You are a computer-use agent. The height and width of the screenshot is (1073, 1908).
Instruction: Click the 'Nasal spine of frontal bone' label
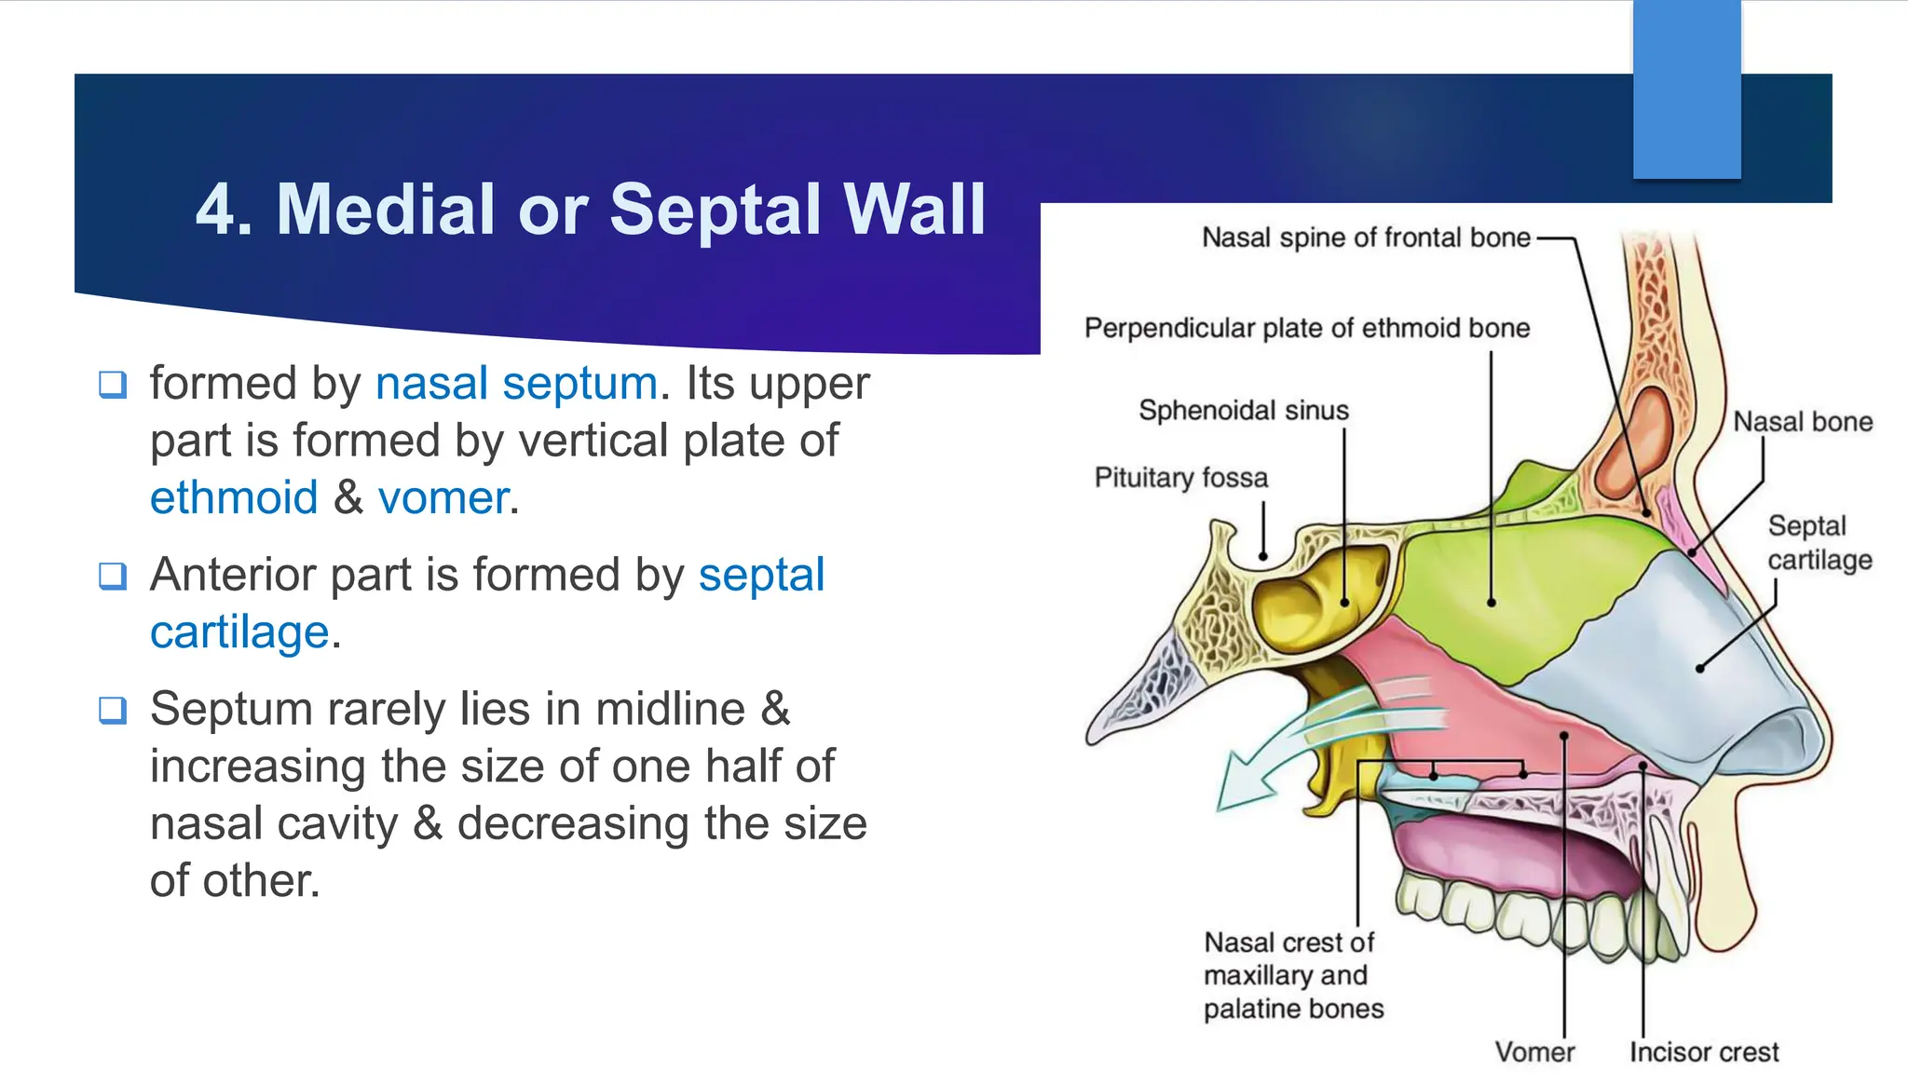tap(1366, 238)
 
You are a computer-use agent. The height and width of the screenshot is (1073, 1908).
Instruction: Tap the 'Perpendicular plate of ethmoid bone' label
tap(1306, 329)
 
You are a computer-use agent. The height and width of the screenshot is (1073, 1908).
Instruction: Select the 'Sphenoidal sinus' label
tap(1243, 411)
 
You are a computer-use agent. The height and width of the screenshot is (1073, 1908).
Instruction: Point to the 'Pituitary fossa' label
tap(1180, 479)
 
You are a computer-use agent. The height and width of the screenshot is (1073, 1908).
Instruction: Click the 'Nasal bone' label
tap(1802, 423)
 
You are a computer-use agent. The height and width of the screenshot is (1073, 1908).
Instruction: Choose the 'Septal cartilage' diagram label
tap(1819, 543)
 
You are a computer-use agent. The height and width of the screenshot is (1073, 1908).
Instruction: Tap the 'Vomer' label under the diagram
tap(1534, 1053)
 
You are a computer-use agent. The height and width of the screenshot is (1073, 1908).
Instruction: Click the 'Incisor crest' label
tap(1703, 1053)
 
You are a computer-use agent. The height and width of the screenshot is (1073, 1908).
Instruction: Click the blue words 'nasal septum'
tap(516, 384)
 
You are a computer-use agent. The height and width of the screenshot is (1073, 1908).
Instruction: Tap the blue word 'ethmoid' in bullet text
tap(234, 498)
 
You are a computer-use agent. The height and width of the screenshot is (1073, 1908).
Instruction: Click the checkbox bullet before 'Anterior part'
tap(113, 576)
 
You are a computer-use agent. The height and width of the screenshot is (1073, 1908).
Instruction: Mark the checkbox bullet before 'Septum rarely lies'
tap(113, 710)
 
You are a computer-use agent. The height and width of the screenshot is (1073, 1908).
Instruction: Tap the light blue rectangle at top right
tap(1686, 89)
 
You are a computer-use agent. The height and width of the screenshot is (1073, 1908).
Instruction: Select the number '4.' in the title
tap(224, 210)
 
